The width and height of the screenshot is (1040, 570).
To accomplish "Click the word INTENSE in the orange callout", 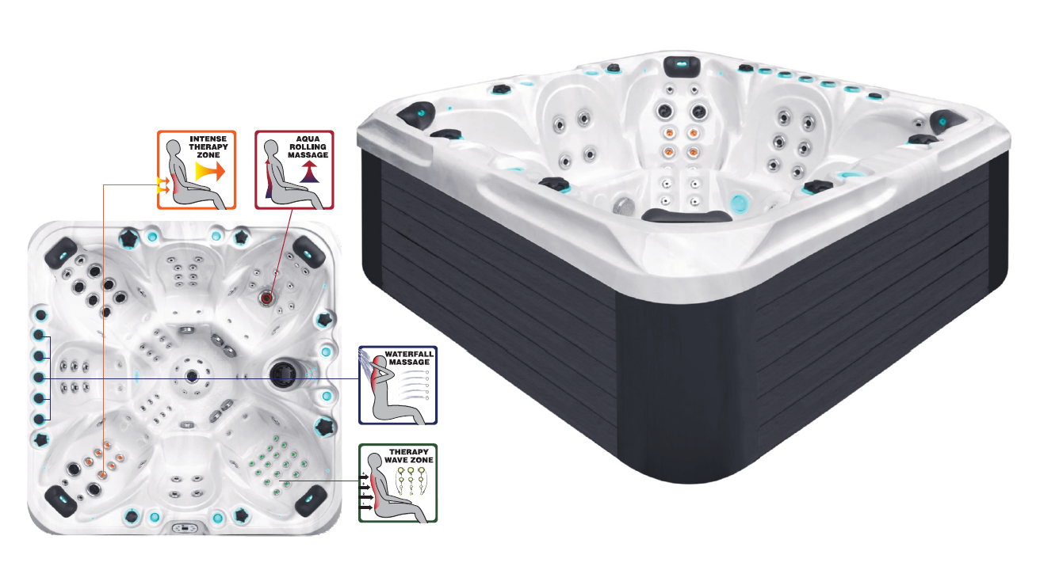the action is [208, 139].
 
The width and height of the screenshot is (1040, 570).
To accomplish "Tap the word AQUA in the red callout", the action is [308, 139].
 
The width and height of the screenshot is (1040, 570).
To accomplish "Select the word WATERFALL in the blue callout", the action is [409, 354].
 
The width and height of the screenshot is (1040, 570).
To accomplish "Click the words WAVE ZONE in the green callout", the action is [409, 460].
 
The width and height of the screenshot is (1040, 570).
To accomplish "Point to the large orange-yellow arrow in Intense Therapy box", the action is [210, 172].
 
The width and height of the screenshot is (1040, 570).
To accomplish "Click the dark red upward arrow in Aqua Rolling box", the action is [309, 172].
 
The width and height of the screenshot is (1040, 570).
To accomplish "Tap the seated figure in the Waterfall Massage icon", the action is [395, 393].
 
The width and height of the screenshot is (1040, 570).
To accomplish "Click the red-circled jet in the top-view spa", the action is [266, 298].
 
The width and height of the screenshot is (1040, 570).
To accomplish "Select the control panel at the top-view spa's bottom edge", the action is [185, 528].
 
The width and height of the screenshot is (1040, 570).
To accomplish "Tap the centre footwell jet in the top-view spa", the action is [192, 377].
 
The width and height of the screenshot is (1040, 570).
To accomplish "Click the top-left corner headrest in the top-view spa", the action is [61, 253].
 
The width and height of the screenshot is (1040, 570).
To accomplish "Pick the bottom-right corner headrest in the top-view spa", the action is [312, 500].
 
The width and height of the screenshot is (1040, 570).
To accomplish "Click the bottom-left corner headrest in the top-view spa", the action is [61, 501].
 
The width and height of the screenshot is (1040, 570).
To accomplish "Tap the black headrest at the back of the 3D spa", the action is [682, 66].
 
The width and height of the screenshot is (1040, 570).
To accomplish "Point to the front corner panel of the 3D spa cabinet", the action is [687, 385].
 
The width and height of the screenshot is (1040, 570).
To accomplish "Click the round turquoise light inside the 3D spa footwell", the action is [738, 203].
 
